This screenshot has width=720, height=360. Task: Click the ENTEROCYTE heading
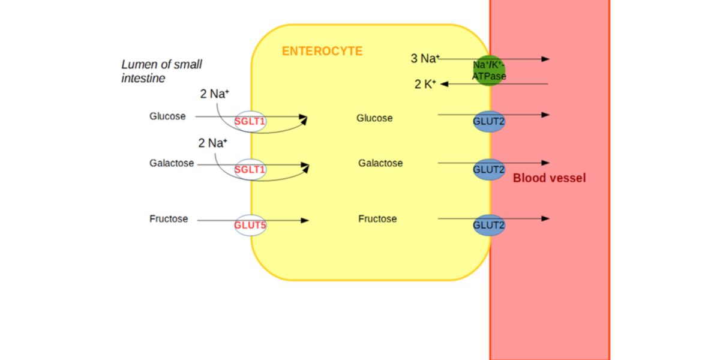[x=322, y=51]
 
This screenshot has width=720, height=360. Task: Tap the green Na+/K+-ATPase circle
[x=489, y=70]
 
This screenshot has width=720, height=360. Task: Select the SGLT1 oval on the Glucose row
[x=250, y=122]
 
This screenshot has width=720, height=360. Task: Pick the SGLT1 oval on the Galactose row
[x=250, y=170]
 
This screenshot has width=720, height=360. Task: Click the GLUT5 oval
[x=250, y=225]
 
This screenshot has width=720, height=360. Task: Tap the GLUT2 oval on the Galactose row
[x=489, y=170]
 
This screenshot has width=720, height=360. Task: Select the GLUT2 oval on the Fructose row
[x=489, y=225]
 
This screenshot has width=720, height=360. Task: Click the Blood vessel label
[x=549, y=178]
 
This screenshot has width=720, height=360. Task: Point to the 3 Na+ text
[x=425, y=59]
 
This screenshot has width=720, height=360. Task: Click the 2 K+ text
[x=425, y=84]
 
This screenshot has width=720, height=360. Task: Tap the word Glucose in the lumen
[x=167, y=116]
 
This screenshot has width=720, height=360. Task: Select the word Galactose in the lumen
[x=172, y=163]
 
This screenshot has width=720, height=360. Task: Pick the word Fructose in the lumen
[x=169, y=219]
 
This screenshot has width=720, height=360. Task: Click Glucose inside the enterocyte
[x=374, y=118]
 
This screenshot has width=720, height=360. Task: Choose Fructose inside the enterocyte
[x=377, y=219]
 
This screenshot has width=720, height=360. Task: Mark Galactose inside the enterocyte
[x=380, y=163]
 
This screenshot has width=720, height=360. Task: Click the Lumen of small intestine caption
[x=161, y=71]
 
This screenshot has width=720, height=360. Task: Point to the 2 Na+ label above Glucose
[x=214, y=94]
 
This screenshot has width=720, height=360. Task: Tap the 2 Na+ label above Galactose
[x=212, y=143]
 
